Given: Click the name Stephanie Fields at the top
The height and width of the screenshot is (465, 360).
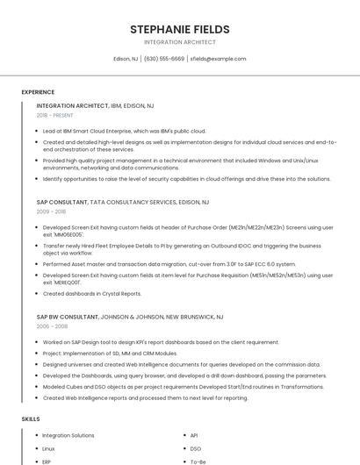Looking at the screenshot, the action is click(180, 29).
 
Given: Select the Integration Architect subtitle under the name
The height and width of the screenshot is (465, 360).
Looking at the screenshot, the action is click(180, 42).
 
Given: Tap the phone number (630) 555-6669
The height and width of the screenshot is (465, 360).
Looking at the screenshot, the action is click(164, 59).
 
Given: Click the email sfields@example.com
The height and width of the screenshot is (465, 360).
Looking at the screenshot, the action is click(219, 59).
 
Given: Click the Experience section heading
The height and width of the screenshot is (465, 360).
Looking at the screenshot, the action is click(38, 92).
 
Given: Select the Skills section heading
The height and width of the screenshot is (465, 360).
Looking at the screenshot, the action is click(30, 419).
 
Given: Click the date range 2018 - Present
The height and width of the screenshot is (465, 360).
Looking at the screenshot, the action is click(55, 116).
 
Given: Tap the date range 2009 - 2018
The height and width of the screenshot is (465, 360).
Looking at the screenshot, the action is click(51, 212).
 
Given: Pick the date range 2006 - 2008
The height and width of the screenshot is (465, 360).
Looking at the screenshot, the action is click(51, 325).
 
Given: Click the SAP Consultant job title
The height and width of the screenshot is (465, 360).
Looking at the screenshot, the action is click(61, 202).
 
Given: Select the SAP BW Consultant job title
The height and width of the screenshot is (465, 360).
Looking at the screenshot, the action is click(68, 315).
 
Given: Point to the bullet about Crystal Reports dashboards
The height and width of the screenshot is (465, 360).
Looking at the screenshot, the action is click(92, 294).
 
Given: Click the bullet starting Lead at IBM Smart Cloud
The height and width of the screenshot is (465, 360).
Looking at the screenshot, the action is click(124, 131).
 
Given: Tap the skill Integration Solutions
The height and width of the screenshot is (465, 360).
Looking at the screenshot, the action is click(68, 435).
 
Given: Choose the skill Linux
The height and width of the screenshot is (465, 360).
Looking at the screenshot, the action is click(48, 448).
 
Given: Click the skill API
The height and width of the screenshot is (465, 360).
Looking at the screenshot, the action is click(194, 435).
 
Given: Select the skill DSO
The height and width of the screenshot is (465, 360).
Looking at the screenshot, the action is click(196, 448).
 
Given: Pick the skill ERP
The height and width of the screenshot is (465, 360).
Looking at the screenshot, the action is click(47, 461).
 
